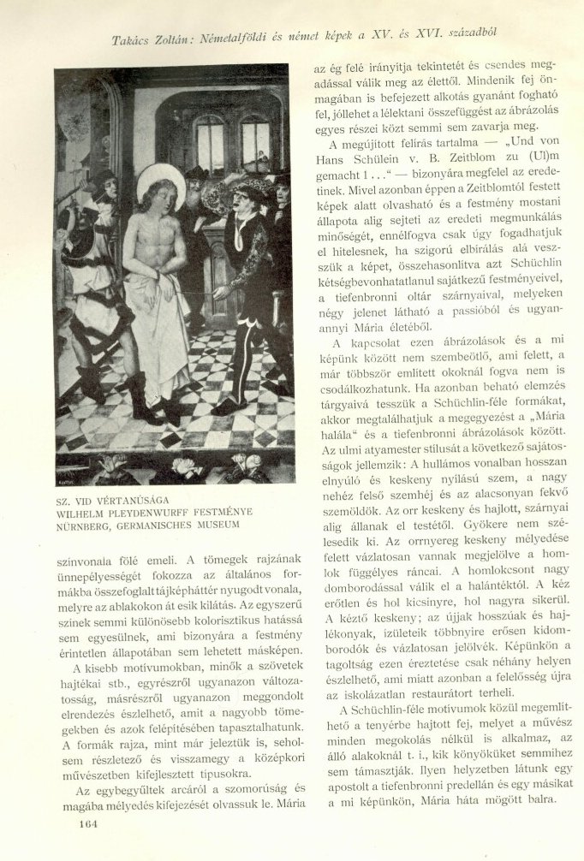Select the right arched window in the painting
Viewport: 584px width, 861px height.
click(x=255, y=142)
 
